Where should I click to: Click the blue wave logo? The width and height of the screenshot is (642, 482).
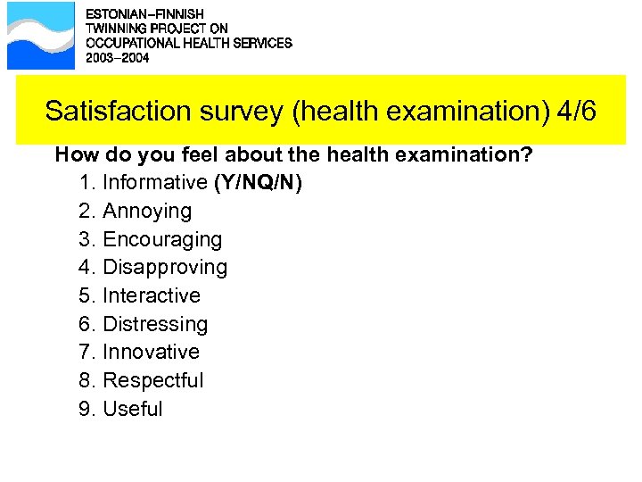[41, 36]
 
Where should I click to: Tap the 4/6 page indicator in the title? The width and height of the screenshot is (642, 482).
[576, 112]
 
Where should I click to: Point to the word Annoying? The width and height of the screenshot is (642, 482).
[147, 212]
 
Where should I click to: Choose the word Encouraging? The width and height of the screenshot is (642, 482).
[162, 239]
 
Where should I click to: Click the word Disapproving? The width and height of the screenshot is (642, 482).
[165, 268]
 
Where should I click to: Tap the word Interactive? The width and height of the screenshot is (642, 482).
[152, 295]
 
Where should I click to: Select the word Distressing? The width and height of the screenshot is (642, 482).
[155, 324]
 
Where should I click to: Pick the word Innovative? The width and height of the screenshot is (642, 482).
[152, 352]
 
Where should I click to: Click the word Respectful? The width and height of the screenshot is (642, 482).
[153, 380]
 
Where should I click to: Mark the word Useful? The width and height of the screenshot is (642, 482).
[133, 409]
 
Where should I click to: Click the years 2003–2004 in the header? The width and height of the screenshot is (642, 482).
[117, 58]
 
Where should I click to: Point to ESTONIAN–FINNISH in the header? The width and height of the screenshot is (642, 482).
[144, 14]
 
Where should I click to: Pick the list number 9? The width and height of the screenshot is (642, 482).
[86, 409]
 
